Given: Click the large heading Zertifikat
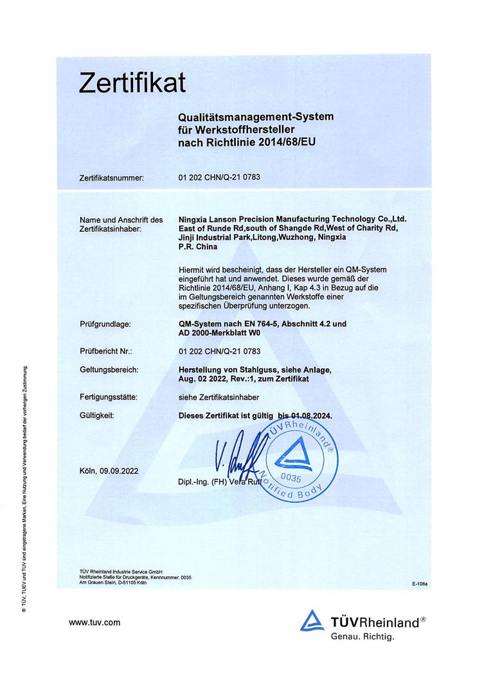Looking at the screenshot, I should tap(132, 83).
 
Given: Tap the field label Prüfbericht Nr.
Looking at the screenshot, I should tap(106, 351).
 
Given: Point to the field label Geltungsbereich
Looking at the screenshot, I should tap(109, 370).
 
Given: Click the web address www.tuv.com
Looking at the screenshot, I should tap(94, 622).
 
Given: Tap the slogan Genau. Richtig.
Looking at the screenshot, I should tap(362, 637).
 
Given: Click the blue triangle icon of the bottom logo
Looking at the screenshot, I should tap(313, 621).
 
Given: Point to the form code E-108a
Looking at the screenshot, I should tap(420, 584).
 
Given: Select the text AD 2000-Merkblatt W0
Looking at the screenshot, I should tap(222, 333).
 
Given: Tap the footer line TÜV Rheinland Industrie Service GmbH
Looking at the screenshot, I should tap(115, 571).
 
